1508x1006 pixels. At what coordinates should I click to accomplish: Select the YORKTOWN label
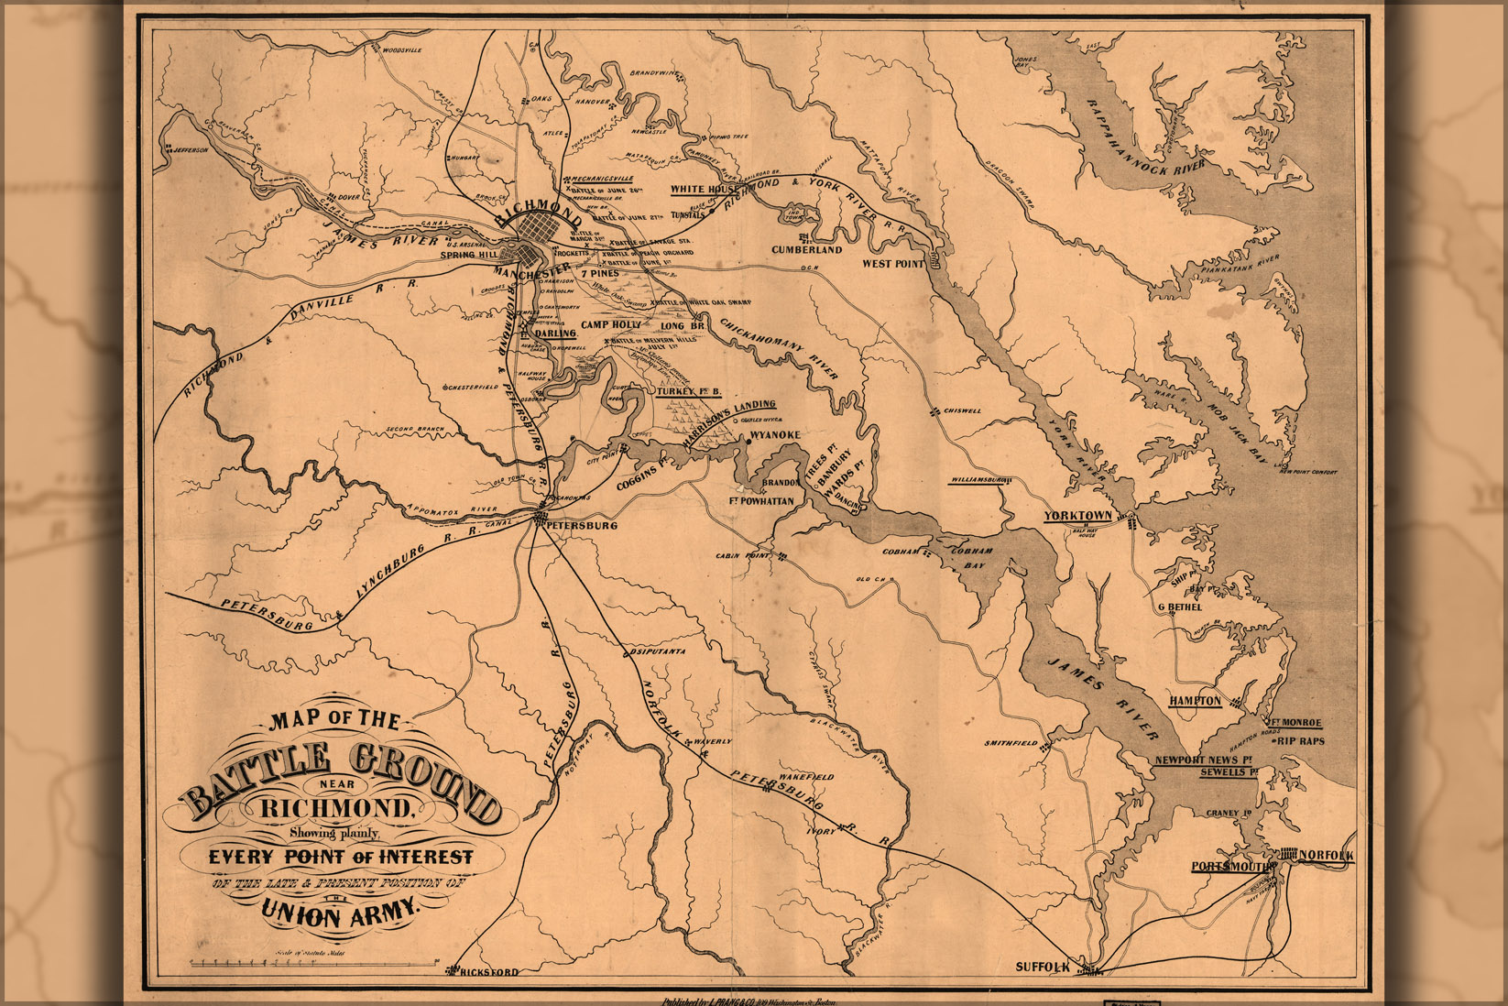[x=1077, y=516]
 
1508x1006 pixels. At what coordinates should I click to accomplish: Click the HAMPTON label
[x=1195, y=701]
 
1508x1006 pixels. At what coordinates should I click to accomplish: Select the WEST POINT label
[x=893, y=264]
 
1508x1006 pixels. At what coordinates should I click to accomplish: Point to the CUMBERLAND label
[x=806, y=249]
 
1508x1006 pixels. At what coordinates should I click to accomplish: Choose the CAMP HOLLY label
[x=611, y=325]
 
